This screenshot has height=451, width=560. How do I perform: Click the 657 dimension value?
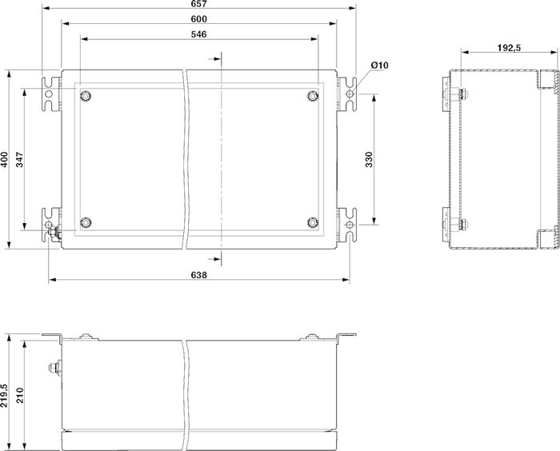(199, 3)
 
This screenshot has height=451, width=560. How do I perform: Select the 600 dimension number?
(199, 19)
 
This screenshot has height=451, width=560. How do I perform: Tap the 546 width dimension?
(199, 34)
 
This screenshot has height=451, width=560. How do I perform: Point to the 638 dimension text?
(199, 275)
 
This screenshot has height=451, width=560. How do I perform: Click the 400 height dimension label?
(4, 159)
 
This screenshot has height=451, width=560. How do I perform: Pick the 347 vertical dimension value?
(19, 159)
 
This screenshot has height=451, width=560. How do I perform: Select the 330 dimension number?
(369, 159)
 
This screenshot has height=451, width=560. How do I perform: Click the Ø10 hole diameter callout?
(379, 66)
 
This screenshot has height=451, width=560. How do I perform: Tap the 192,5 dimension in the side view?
(510, 47)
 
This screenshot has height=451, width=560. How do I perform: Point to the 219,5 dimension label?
(4, 396)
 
